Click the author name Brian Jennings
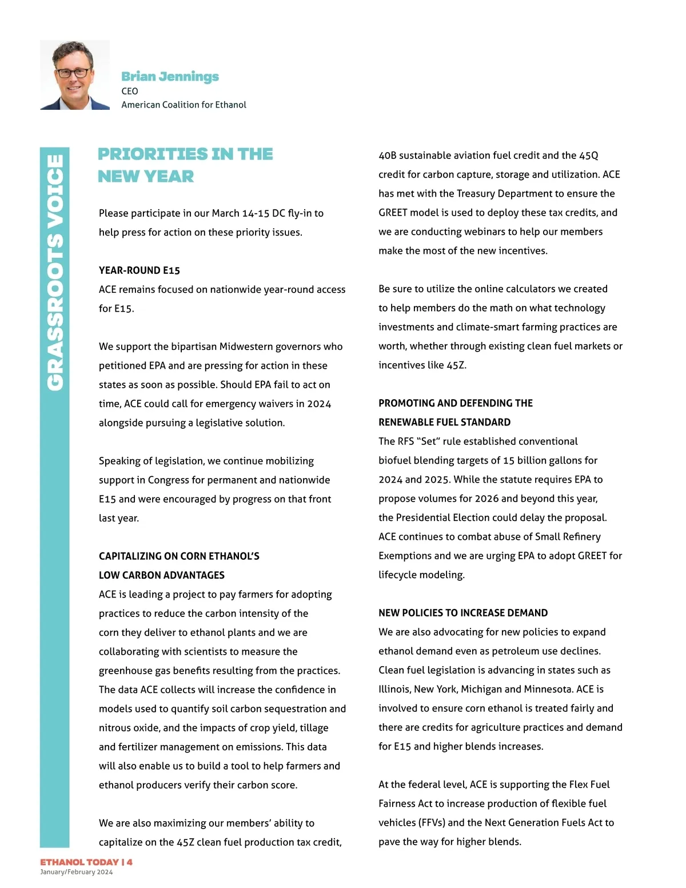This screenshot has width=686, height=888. click(170, 77)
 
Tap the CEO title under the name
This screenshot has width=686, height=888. click(130, 91)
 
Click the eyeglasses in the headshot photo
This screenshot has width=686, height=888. click(74, 73)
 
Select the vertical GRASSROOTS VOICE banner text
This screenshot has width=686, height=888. click(55, 273)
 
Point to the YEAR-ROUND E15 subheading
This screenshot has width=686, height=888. click(139, 270)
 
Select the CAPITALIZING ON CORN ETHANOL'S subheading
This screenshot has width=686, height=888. click(179, 556)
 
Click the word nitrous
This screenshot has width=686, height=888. click(115, 728)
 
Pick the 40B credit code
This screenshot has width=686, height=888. click(388, 156)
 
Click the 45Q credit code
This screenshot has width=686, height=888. click(588, 156)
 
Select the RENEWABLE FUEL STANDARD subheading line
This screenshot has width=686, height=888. click(444, 423)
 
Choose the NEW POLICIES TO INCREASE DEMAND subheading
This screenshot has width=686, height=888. click(463, 613)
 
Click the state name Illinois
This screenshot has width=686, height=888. click(392, 690)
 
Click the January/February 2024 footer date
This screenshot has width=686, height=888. click(77, 873)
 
